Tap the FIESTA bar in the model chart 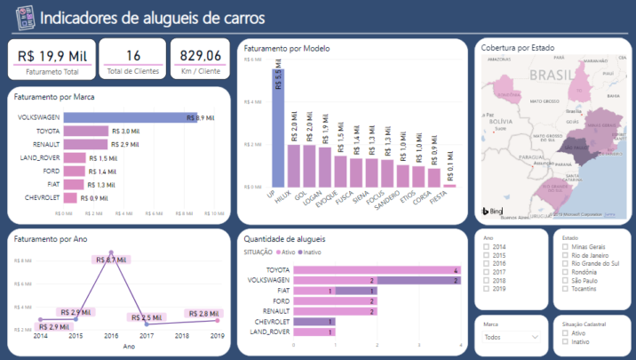point(449,185)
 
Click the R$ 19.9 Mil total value point(52,55)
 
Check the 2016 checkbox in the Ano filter point(487,264)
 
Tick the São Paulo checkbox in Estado point(566,281)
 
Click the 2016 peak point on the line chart point(111,253)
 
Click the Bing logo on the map point(492,212)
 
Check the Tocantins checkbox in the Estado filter point(566,290)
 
